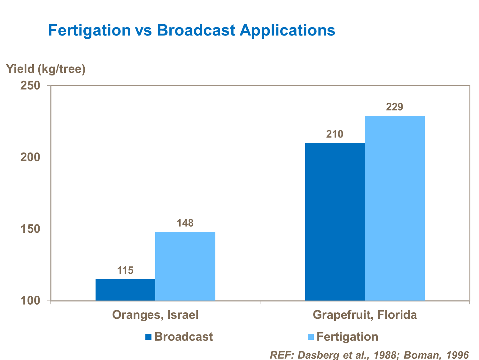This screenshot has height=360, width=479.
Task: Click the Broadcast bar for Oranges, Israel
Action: pos(125,290)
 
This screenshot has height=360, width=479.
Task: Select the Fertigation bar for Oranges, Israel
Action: pos(185,266)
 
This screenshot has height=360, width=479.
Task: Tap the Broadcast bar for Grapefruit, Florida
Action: pos(335,222)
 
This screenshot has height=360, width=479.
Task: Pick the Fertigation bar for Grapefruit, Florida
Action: pos(395,208)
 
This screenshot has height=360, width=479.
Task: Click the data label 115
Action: pos(125,270)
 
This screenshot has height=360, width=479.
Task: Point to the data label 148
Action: pos(185,223)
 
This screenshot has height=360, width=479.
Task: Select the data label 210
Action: pos(335,134)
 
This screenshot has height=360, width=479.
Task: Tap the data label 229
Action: pos(395,107)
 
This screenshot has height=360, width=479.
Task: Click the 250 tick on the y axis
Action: pos(30,86)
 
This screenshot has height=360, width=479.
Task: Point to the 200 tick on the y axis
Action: pos(30,157)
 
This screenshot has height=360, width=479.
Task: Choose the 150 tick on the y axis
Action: pos(30,229)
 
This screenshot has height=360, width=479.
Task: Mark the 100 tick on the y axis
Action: pos(30,301)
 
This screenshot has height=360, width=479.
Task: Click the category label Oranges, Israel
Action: pos(155,315)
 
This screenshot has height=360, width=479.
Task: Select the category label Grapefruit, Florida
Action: pos(365,315)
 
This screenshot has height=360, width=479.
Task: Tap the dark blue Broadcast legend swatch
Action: pos(148,337)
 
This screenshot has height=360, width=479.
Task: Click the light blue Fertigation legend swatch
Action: pos(310,337)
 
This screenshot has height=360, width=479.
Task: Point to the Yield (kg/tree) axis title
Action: pos(46,69)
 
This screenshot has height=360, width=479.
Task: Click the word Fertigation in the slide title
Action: pos(89,30)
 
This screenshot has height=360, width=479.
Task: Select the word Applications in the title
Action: pos(288,30)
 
